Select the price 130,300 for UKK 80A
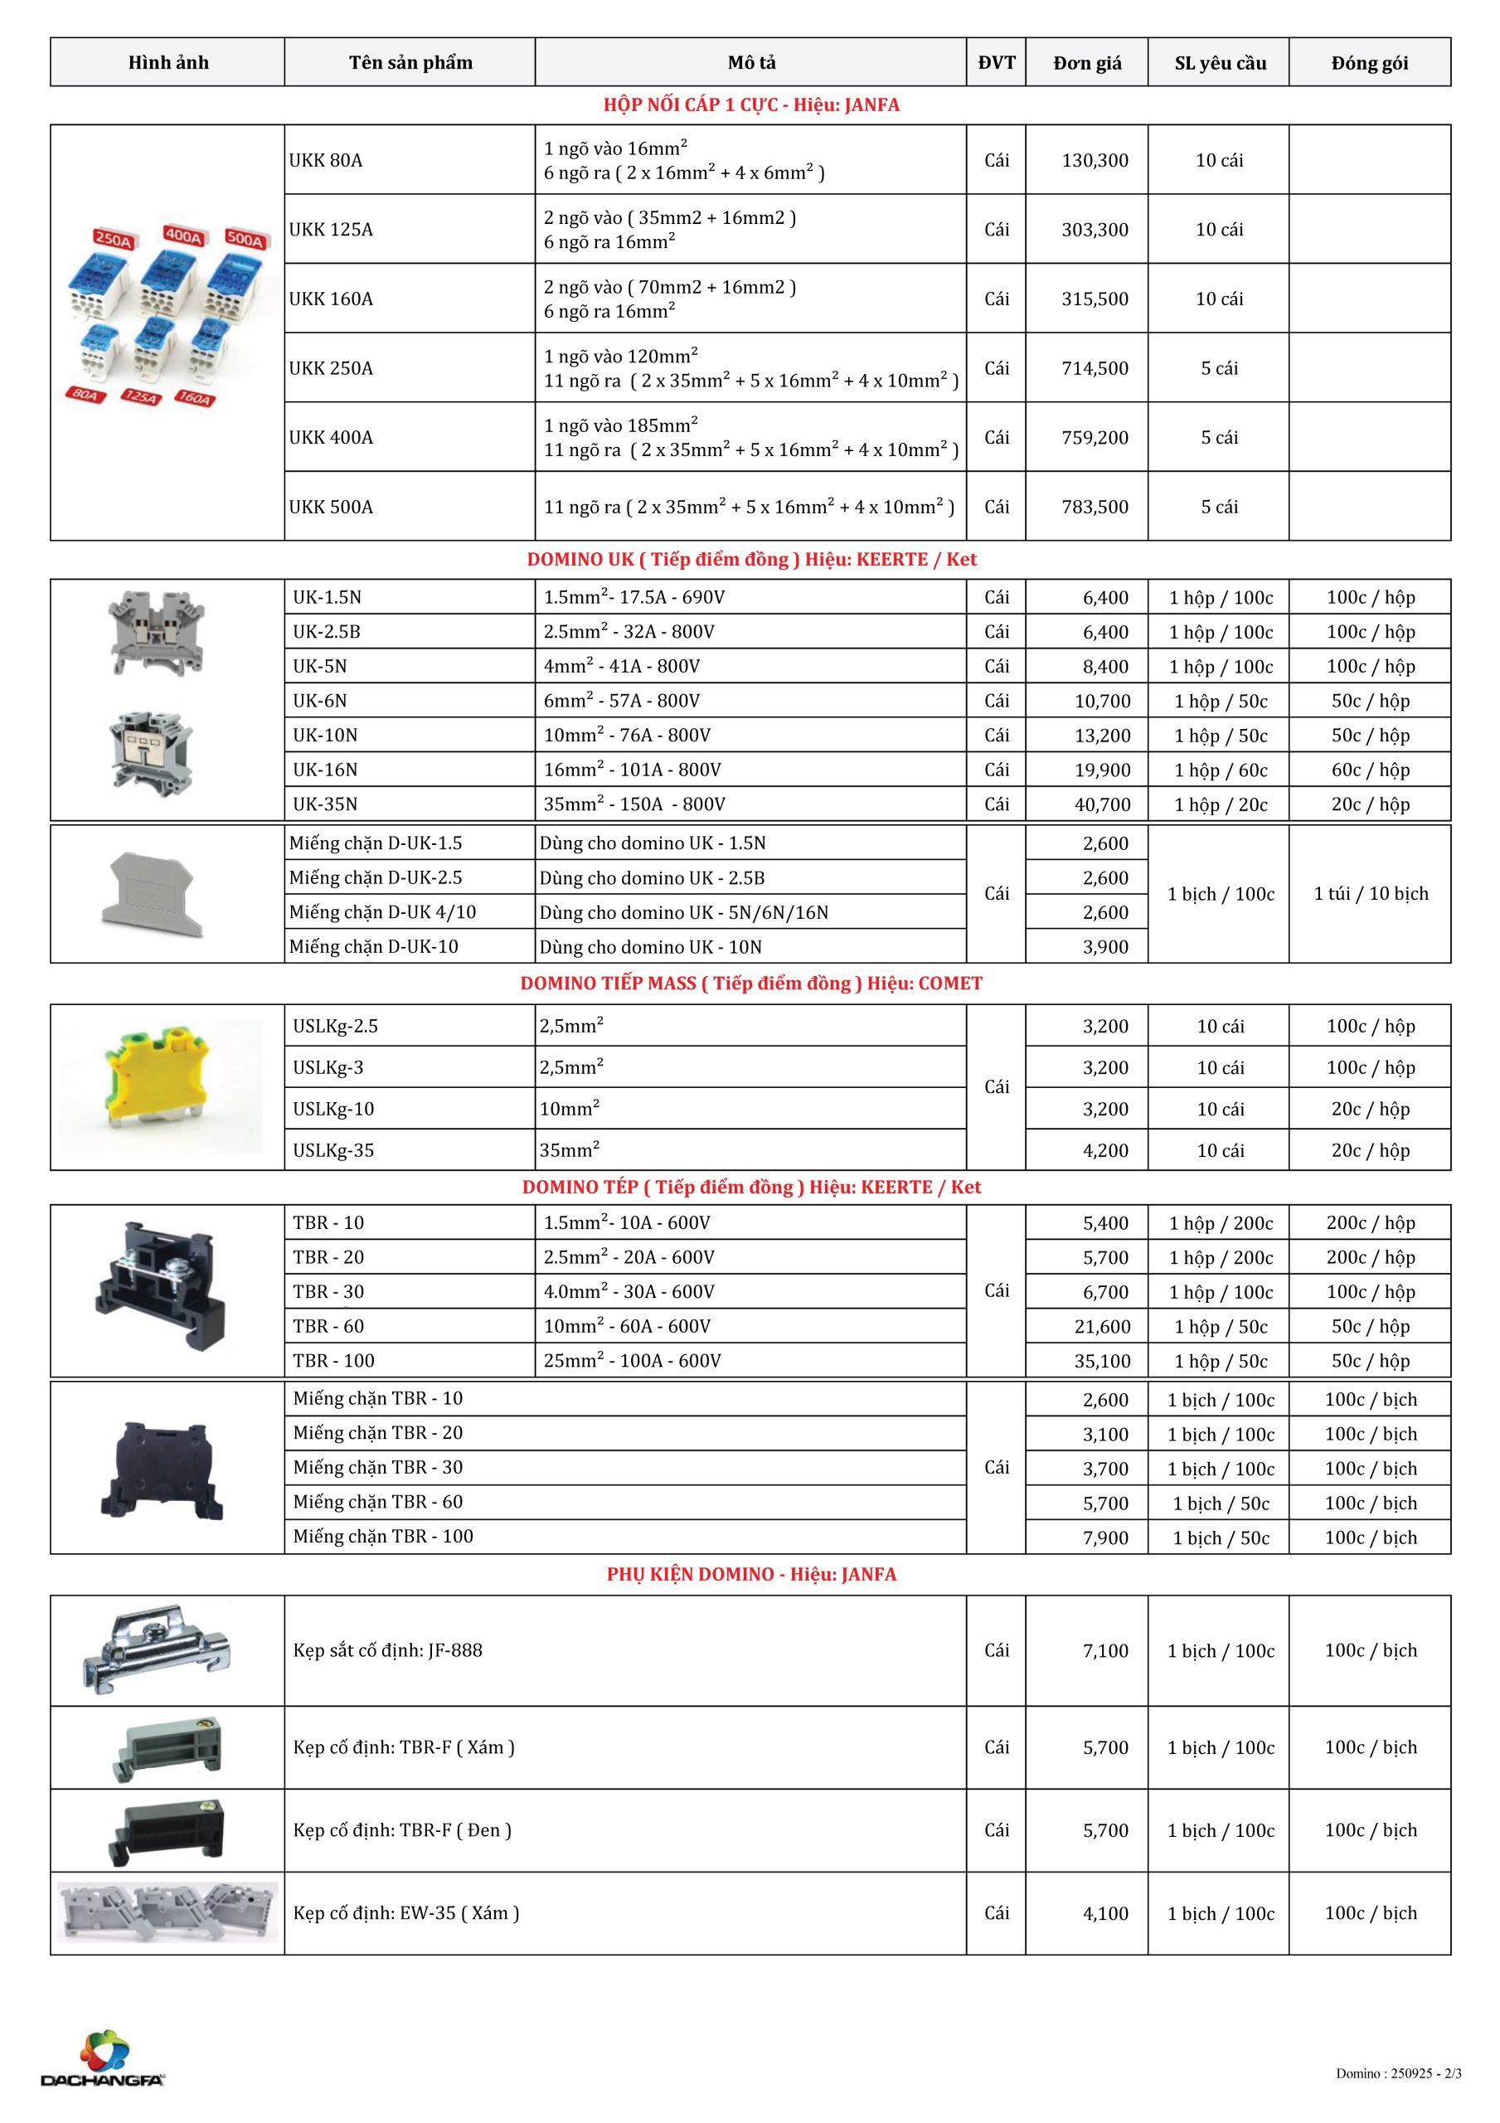pyautogui.click(x=1095, y=160)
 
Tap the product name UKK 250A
pyautogui.click(x=331, y=368)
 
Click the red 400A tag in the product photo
pyautogui.click(x=183, y=236)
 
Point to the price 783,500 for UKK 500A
pyautogui.click(x=1095, y=507)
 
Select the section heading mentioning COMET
pyautogui.click(x=751, y=983)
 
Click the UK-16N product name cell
pyautogui.click(x=326, y=770)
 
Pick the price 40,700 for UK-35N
pyautogui.click(x=1102, y=804)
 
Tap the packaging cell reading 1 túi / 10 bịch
pyautogui.click(x=1371, y=893)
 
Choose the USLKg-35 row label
pyautogui.click(x=334, y=1150)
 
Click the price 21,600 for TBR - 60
pyautogui.click(x=1102, y=1326)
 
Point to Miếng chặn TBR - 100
pyautogui.click(x=383, y=1536)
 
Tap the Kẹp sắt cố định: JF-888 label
pyautogui.click(x=387, y=1650)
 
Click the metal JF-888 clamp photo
pyautogui.click(x=158, y=1649)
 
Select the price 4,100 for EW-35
pyautogui.click(x=1106, y=1913)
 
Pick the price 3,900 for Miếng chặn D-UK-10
pyautogui.click(x=1106, y=947)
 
